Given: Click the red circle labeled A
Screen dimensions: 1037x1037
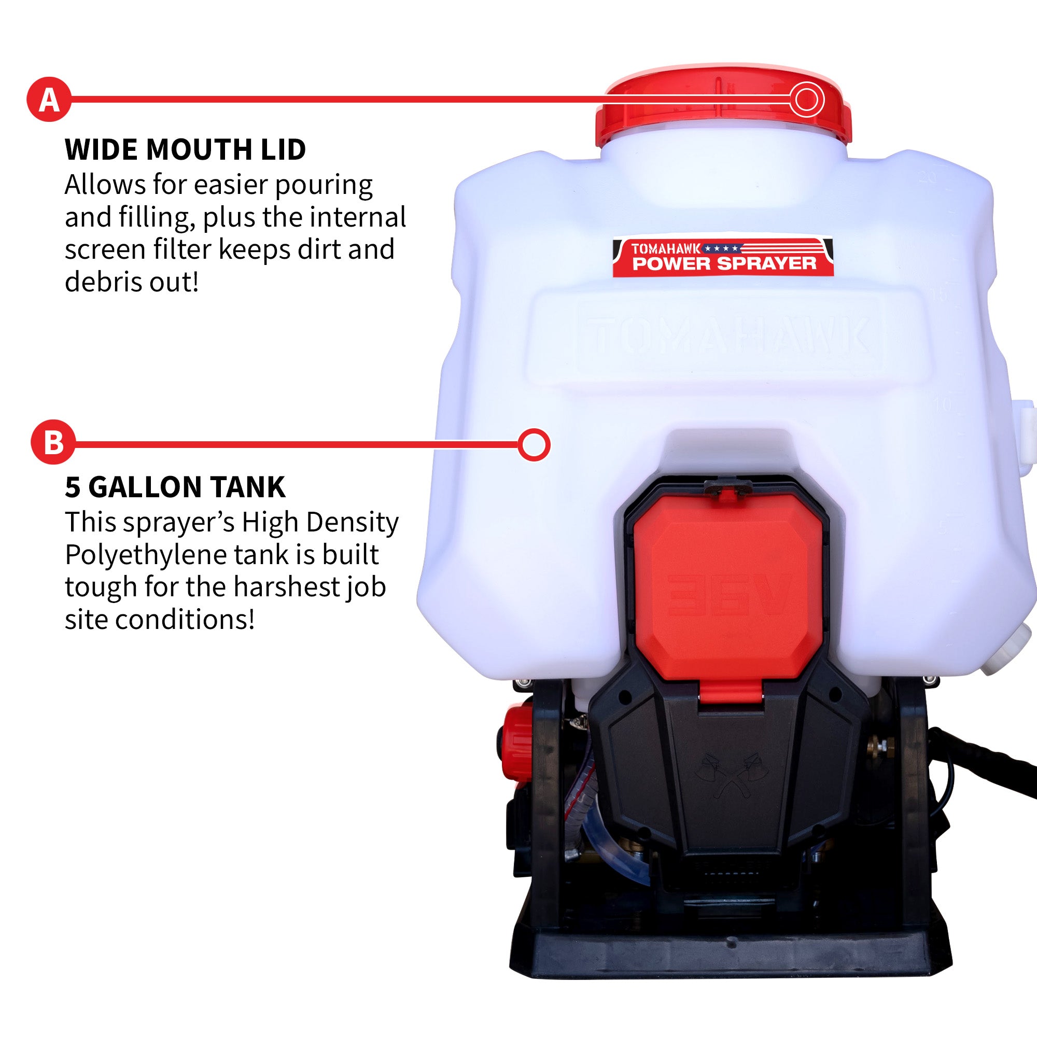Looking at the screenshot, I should point(49,100).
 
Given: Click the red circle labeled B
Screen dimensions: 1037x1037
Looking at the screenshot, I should point(52,443).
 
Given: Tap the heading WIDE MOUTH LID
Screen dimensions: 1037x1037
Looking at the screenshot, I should point(185,149).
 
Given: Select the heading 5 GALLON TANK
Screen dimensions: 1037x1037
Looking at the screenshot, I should point(175,487).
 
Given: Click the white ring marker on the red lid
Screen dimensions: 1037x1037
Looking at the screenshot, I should point(806,100).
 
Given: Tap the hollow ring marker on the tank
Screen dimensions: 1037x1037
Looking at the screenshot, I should point(534,444).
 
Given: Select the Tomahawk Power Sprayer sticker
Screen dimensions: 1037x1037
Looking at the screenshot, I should point(723,257).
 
